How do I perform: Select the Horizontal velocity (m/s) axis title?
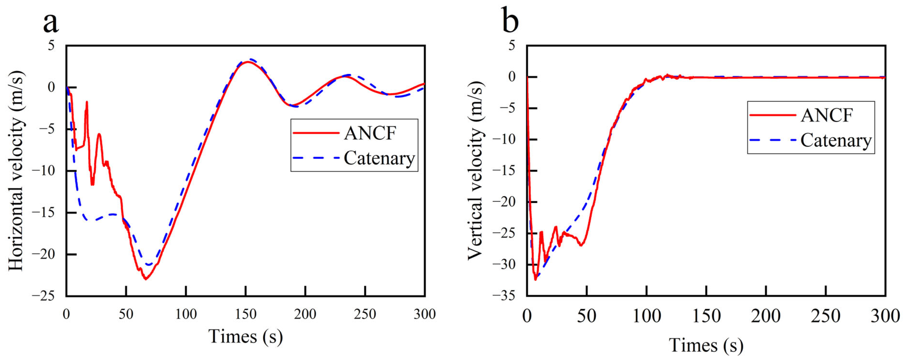pyautogui.click(x=16, y=171)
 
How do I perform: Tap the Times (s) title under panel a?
pyautogui.click(x=245, y=336)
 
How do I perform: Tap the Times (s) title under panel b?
pyautogui.click(x=706, y=345)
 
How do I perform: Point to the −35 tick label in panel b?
pyautogui.click(x=504, y=296)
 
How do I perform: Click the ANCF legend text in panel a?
pyautogui.click(x=370, y=133)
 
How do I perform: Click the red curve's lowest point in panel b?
pyautogui.click(x=535, y=280)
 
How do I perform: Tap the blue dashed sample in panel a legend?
pyautogui.click(x=316, y=158)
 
